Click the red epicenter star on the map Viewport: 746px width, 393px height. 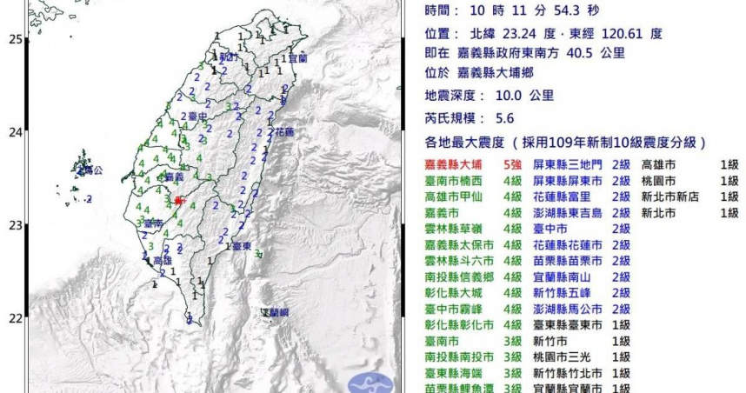(177, 201)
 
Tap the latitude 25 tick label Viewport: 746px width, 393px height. (15, 39)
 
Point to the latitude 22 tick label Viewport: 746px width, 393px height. (15, 318)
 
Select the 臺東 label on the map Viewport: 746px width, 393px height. (243, 247)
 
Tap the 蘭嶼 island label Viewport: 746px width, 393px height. (277, 312)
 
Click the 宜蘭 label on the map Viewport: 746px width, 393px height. (298, 58)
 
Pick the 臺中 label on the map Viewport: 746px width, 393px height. (197, 116)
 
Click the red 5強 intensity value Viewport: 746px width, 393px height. (513, 163)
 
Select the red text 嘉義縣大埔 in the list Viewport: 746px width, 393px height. (455, 163)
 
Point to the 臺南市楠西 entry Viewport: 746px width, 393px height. (455, 180)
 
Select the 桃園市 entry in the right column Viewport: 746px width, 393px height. (659, 180)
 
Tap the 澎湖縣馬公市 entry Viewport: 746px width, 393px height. (565, 309)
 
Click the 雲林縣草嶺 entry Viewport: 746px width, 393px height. (455, 229)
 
